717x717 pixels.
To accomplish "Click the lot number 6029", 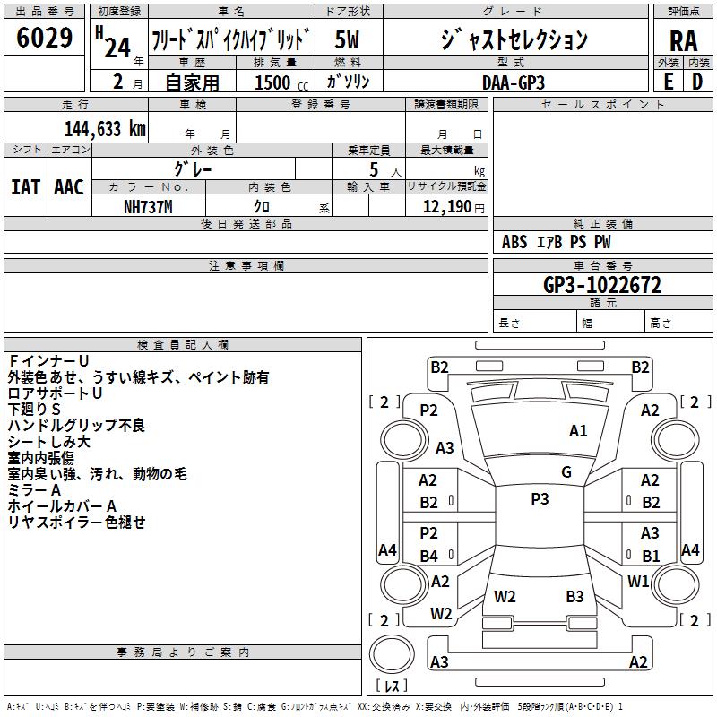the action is click(45, 39).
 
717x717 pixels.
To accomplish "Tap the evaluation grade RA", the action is click(683, 40).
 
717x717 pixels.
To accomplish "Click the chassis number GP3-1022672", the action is click(602, 285).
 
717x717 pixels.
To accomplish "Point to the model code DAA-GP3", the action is click(513, 82).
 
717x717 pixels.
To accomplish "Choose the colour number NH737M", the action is click(148, 206).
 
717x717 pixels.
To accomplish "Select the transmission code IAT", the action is click(25, 187).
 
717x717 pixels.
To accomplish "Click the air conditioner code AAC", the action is click(68, 187).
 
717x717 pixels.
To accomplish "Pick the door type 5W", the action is click(348, 39).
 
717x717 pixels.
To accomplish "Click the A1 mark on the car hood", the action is click(578, 431).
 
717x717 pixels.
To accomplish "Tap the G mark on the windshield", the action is click(566, 472).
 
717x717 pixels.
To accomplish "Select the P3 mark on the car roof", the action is click(540, 499).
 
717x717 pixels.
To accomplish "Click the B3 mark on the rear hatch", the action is click(574, 596).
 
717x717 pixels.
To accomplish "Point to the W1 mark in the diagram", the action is click(638, 582).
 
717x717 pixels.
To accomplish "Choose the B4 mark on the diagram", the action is click(429, 557).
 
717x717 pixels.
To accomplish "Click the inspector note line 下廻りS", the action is click(34, 410).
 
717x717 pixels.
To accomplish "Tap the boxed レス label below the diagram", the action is click(396, 686).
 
